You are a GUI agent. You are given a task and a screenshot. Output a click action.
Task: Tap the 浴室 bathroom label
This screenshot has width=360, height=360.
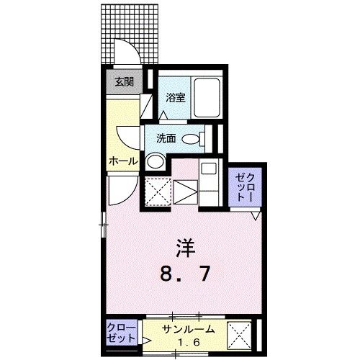coord(176,98)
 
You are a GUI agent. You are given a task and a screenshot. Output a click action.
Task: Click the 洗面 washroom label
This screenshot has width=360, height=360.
coord(167,138)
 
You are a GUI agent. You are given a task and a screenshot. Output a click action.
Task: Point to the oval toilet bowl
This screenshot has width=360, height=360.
coord(191,138)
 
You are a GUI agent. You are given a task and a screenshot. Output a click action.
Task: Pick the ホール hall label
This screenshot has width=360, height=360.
coord(122,161)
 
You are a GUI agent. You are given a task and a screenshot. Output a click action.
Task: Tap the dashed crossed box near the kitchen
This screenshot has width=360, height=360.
coord(156,193)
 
